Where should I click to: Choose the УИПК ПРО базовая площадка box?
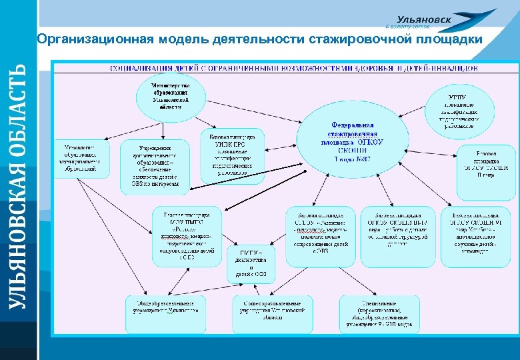point(231,153)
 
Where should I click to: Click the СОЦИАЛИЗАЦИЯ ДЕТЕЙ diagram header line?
point(293,68)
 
